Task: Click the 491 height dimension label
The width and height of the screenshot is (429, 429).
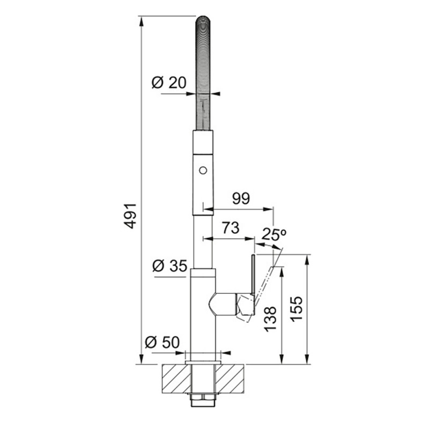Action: pyautogui.click(x=130, y=216)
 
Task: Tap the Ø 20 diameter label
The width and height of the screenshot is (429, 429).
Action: pyautogui.click(x=168, y=83)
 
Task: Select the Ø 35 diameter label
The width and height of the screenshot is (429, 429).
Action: pyautogui.click(x=169, y=265)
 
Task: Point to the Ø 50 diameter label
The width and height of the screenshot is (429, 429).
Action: pyautogui.click(x=162, y=342)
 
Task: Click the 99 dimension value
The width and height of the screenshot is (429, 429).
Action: pyautogui.click(x=241, y=198)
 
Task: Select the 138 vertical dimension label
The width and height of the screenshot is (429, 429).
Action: pyautogui.click(x=271, y=319)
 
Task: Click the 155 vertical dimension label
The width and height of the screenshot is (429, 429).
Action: pyautogui.click(x=297, y=309)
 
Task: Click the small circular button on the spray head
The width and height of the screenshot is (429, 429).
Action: pyautogui.click(x=203, y=170)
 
